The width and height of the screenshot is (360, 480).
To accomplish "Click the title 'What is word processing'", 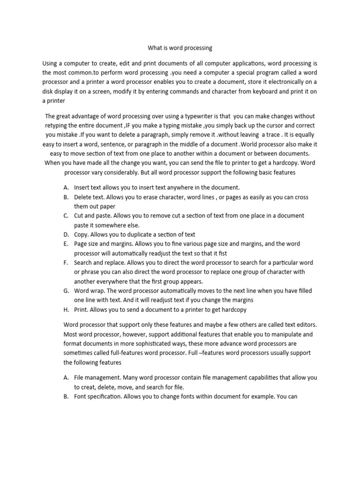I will pyautogui.click(x=180, y=48).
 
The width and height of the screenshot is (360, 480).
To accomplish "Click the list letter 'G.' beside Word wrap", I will pyautogui.click(x=66, y=291).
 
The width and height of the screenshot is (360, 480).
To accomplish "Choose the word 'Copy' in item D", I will pyautogui.click(x=81, y=234).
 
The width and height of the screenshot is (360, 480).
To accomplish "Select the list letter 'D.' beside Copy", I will pyautogui.click(x=66, y=234).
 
